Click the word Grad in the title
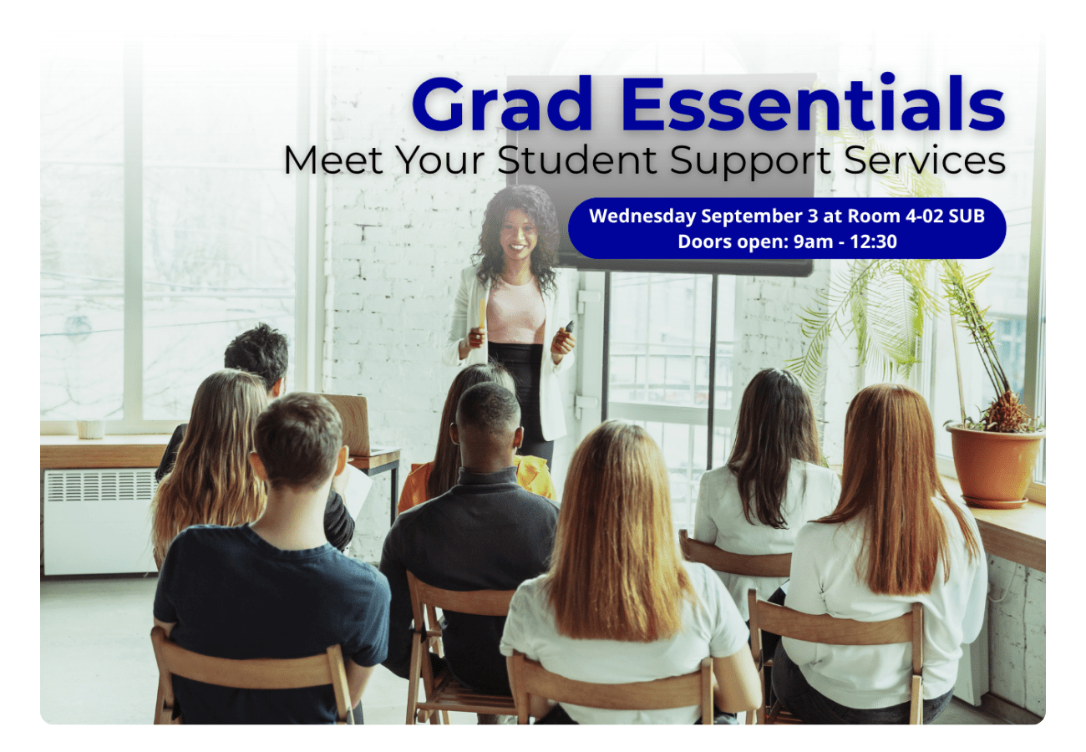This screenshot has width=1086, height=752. point(502,104)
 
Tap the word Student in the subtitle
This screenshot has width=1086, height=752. point(577,160)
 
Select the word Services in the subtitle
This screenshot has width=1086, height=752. point(925,160)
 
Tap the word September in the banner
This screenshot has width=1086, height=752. point(752,216)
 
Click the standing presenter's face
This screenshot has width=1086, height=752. point(518,234)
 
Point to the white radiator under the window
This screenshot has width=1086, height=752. point(100,521)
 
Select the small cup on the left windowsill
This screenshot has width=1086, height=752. point(91,429)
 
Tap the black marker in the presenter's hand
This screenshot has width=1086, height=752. point(569,327)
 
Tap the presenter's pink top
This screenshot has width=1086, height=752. point(516,310)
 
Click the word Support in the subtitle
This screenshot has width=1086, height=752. point(750,161)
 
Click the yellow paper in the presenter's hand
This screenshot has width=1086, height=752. point(482,313)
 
